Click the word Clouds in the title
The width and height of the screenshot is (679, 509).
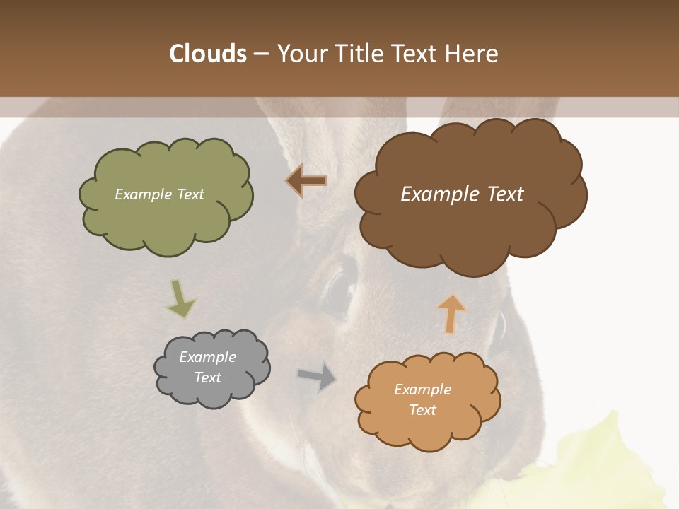pos(207,54)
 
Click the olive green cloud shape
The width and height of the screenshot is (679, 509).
pos(166,219)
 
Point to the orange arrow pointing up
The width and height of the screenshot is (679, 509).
pos(451,313)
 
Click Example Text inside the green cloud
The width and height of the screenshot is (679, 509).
pos(159,194)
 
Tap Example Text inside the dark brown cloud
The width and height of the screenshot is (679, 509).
pos(462,194)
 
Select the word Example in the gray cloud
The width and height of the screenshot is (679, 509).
pos(207,357)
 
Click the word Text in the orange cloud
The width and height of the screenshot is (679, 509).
pos(422,410)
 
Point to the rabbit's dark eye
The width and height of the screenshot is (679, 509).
pos(339,290)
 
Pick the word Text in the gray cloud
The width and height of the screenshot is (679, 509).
pos(207,378)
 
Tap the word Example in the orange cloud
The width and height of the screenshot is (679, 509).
pos(422,390)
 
